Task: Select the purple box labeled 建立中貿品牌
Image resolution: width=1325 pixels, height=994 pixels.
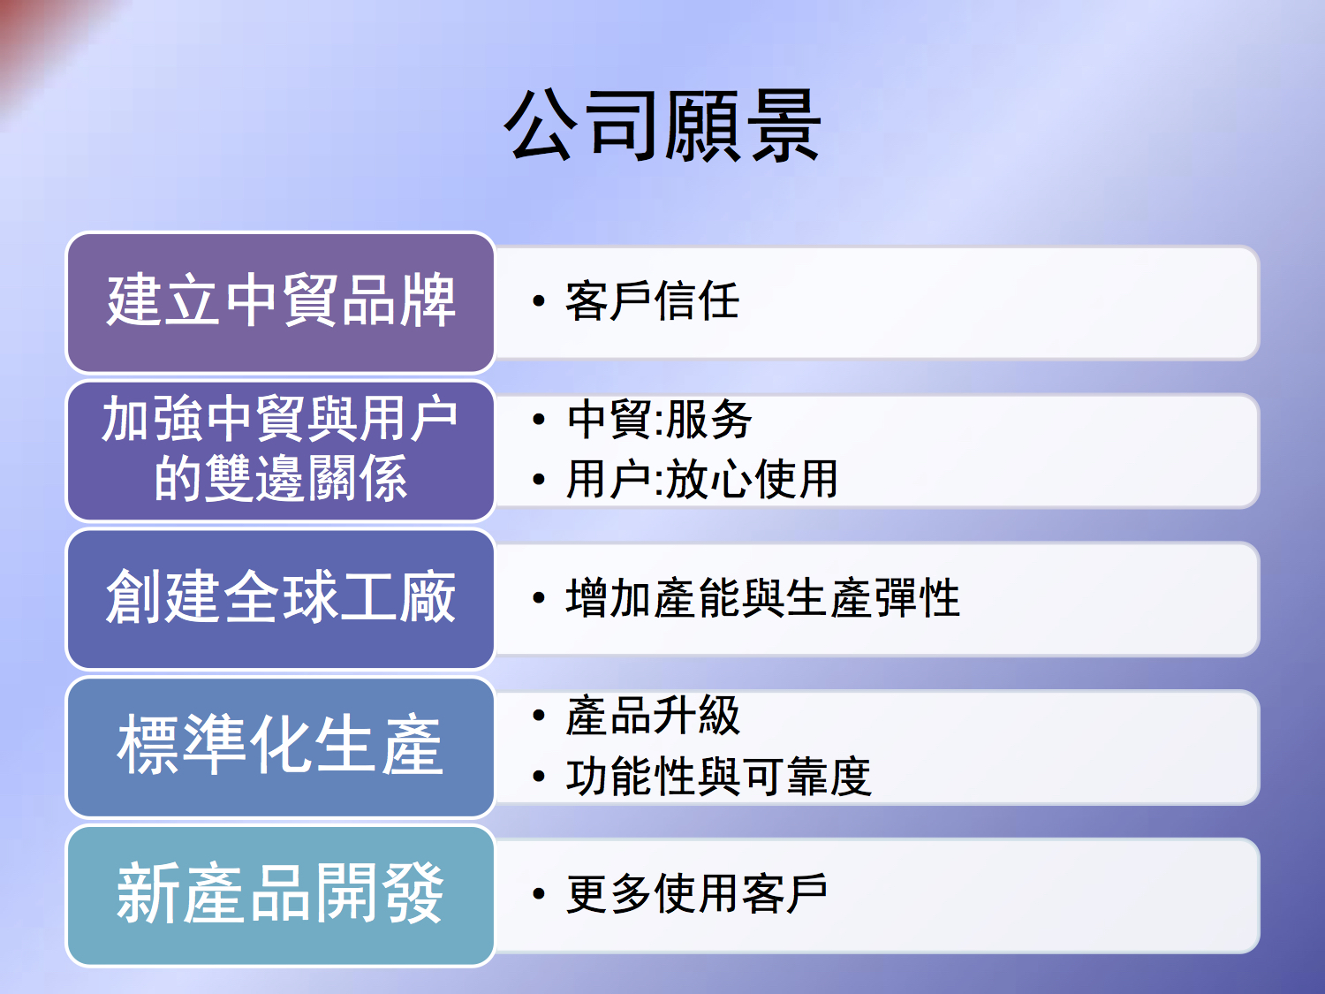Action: pyautogui.click(x=281, y=302)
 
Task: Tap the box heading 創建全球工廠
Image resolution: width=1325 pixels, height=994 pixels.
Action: pyautogui.click(x=281, y=597)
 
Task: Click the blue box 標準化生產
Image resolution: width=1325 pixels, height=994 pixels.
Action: pyautogui.click(x=281, y=747)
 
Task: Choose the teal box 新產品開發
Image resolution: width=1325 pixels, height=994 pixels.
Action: pyautogui.click(x=281, y=896)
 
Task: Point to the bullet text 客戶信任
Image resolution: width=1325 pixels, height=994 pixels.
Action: pyautogui.click(x=653, y=300)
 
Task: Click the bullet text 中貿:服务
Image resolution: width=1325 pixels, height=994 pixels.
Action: pyautogui.click(x=659, y=420)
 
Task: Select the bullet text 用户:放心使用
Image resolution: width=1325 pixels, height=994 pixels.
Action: pyautogui.click(x=702, y=479)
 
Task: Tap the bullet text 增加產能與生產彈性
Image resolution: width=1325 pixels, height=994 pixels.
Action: pyautogui.click(x=763, y=597)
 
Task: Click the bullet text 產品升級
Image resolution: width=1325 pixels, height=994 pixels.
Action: pyautogui.click(x=653, y=716)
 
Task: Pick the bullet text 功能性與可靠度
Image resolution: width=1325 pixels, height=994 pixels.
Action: pyautogui.click(x=718, y=776)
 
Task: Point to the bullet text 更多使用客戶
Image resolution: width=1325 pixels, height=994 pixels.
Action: pyautogui.click(x=697, y=894)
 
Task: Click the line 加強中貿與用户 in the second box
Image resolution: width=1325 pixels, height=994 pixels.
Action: pyautogui.click(x=279, y=418)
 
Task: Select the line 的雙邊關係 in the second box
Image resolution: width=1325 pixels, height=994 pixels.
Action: pyautogui.click(x=281, y=478)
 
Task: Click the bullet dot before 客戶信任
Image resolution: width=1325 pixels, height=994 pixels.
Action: pyautogui.click(x=539, y=300)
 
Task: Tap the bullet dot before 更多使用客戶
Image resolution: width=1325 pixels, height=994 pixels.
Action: pyautogui.click(x=539, y=894)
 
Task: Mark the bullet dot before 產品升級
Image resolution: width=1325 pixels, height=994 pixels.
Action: pyautogui.click(x=539, y=716)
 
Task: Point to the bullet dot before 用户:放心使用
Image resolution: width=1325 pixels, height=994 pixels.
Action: pyautogui.click(x=539, y=479)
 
